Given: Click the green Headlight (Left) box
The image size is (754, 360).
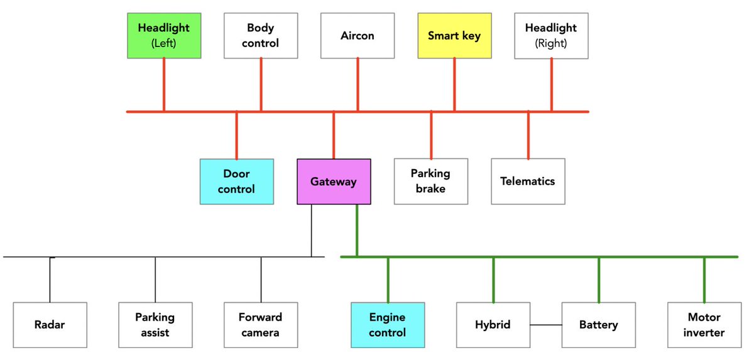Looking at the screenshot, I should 164,36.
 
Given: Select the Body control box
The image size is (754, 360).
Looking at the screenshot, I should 261,36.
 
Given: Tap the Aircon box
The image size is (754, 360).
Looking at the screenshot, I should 358,36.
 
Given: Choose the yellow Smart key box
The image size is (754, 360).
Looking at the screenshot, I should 454,36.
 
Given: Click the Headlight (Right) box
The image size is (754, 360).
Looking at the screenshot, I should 551,36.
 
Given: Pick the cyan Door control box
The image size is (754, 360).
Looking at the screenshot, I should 237,182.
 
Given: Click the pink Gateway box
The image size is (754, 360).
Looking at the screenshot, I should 334,182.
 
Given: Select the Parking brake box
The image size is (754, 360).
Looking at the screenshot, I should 431,182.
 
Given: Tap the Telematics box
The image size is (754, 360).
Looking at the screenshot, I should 528,182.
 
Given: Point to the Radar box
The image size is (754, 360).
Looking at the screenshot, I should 50,325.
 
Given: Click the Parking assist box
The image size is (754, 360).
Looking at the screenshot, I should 155,325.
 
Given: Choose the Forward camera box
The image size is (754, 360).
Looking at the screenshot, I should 261,325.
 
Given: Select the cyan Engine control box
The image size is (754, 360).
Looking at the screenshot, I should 388,325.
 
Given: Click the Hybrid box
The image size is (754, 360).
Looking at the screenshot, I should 493,325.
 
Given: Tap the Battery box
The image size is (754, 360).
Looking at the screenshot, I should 599,325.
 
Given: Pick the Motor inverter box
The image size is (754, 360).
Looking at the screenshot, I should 704,325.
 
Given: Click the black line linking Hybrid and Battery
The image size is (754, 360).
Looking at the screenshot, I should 545,325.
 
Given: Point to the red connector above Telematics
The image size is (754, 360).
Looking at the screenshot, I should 528,135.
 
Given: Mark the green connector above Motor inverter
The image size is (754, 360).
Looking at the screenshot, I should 704,280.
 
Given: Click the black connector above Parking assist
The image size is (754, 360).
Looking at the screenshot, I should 155,280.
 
